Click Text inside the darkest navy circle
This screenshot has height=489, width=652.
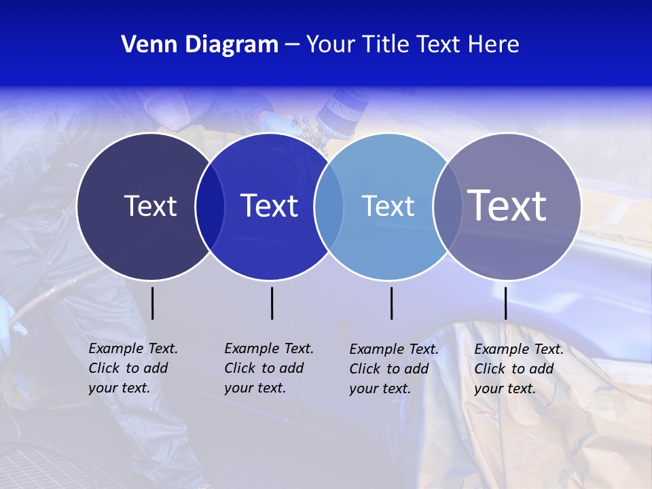click(x=150, y=206)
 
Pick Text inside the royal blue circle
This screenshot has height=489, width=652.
click(x=270, y=206)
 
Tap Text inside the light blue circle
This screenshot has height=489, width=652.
click(x=388, y=206)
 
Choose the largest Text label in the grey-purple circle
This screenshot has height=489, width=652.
click(x=507, y=205)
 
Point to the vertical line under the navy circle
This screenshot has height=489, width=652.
click(x=152, y=303)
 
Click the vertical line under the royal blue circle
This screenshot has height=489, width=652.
click(x=272, y=303)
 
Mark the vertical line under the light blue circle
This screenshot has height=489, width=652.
click(x=391, y=303)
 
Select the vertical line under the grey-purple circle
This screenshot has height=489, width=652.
click(x=505, y=303)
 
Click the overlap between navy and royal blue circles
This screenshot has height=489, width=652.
click(x=210, y=206)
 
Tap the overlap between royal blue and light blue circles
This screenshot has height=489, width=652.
click(x=329, y=206)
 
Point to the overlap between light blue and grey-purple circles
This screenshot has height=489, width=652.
click(x=447, y=206)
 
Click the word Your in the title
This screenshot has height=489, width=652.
click(x=331, y=45)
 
